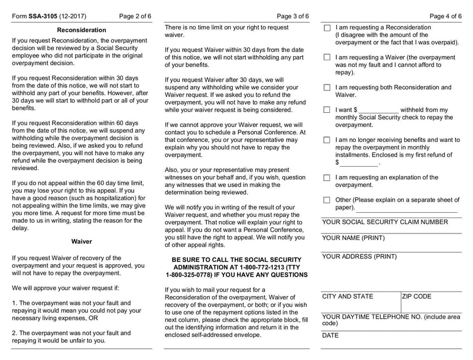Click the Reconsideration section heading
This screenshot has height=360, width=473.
pos(82,30)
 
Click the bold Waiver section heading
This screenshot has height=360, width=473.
pos(82,242)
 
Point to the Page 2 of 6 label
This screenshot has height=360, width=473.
pos(135,16)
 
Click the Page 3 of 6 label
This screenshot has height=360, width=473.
pos(293,16)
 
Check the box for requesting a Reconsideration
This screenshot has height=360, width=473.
pos(327,28)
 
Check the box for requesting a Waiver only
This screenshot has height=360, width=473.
pos(327,57)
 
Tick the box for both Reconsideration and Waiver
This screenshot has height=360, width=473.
pos(327,87)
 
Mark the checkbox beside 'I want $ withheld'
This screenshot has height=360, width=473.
pos(327,110)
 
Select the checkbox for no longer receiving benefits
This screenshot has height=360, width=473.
pos(327,140)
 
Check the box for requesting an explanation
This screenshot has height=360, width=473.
pos(327,177)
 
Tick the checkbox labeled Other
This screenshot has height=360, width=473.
pos(327,200)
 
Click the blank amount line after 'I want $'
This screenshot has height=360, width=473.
pos(378,111)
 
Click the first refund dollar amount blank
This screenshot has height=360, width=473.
pos(358,163)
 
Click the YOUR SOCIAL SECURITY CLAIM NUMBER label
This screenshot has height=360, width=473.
pos(385,222)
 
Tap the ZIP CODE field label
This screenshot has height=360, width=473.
pos(417,296)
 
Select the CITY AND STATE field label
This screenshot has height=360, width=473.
pos(348,296)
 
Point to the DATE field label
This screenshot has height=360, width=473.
pos(331,335)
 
